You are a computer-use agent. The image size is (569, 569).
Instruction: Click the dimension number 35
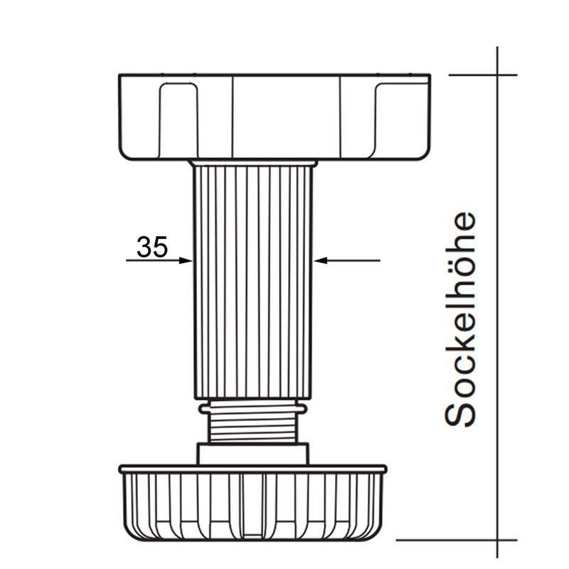tap(152, 247)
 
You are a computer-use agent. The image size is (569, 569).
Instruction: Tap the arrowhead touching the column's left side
tap(186, 261)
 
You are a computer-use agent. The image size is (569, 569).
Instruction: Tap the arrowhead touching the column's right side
tap(321, 261)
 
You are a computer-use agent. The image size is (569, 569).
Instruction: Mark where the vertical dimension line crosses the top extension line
tap(497, 75)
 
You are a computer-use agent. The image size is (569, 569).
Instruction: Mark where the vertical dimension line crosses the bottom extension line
tap(497, 540)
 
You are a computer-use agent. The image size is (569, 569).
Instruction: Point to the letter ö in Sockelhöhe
tap(459, 245)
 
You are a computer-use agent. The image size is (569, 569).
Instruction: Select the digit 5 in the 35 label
tap(160, 247)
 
